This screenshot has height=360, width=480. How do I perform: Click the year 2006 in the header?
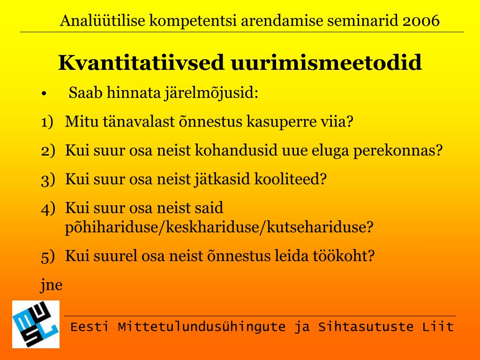pos(421,21)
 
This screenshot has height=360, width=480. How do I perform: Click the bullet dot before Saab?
pos(44,94)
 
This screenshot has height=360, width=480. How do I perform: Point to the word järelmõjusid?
pos(211,93)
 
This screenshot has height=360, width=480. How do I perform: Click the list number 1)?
pos(47,122)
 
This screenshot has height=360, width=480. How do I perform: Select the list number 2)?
pos(48,150)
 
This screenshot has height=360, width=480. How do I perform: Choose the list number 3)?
pos(48,180)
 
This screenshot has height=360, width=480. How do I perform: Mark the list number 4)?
pos(48,208)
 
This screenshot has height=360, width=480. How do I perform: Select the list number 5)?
pos(48,256)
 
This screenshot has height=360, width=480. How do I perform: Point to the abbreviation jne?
pos(52,285)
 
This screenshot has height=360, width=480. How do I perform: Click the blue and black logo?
pos(36,324)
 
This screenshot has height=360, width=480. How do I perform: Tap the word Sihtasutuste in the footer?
pos(366,327)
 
